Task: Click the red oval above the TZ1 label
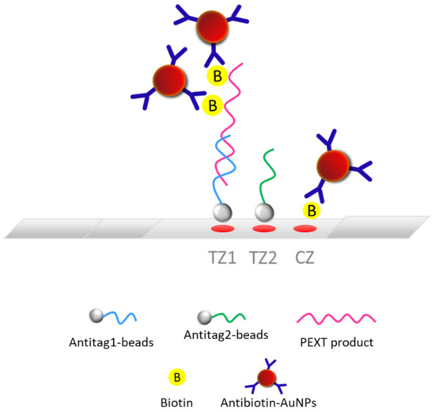tap(225, 230)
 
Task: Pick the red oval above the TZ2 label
tap(264, 230)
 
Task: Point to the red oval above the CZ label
tap(304, 230)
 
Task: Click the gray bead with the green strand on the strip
tap(263, 212)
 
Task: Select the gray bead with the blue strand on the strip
tap(223, 212)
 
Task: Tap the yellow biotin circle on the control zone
tap(312, 212)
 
